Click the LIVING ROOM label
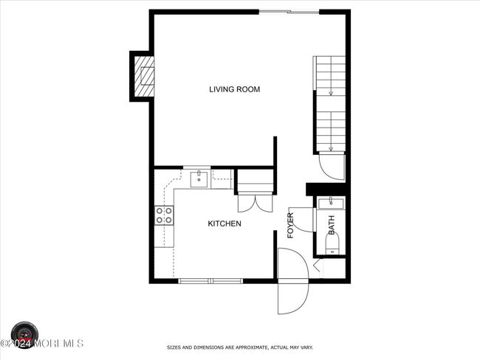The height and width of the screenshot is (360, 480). (x=235, y=89)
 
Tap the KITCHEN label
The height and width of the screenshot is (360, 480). (x=224, y=224)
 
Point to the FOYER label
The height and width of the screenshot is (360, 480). (x=290, y=226)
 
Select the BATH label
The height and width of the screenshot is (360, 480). (x=332, y=225)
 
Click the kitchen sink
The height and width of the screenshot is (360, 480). (x=199, y=179)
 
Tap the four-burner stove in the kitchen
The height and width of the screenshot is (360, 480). (x=164, y=215)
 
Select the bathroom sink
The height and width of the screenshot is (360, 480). (x=331, y=204)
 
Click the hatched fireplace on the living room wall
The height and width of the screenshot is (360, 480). (x=144, y=76)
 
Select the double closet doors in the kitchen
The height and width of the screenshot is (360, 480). (x=255, y=203)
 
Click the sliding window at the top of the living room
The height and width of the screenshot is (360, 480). (x=289, y=13)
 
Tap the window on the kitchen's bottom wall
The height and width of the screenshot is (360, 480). (x=210, y=281)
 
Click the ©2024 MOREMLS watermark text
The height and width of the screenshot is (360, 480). (x=41, y=344)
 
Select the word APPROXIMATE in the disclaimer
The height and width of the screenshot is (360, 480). (x=250, y=347)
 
